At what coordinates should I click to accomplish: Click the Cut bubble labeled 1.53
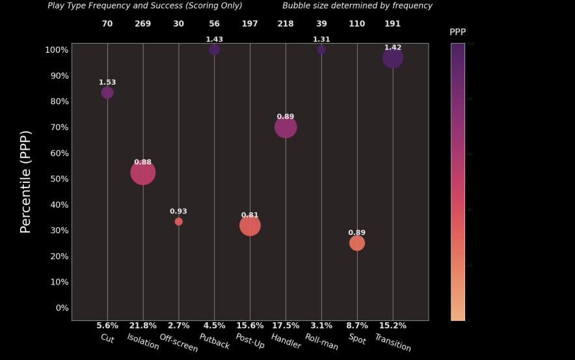[x=107, y=93]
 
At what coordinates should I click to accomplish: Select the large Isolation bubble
[x=143, y=173]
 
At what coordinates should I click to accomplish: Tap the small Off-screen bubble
[x=179, y=222]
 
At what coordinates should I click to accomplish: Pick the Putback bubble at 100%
[x=214, y=49]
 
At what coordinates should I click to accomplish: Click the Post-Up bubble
[x=250, y=225]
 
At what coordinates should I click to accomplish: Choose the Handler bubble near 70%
[x=286, y=127]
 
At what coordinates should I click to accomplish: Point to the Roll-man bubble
[x=321, y=49]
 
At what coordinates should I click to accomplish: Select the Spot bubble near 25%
[x=357, y=243]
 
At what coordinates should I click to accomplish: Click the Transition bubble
[x=392, y=58]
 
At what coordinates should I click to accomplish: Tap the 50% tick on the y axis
[x=57, y=179]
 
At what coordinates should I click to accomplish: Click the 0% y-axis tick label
[x=59, y=308]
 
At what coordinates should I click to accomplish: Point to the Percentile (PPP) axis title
[x=25, y=182]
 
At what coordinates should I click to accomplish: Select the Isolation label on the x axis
[x=143, y=341]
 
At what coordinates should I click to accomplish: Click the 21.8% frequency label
[x=143, y=325]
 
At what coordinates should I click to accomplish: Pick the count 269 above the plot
[x=143, y=24]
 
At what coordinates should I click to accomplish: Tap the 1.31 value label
[x=321, y=40]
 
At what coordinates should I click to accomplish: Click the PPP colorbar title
[x=458, y=32]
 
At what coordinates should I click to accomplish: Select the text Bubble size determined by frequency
[x=357, y=6]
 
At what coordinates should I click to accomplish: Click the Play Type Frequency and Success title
[x=145, y=6]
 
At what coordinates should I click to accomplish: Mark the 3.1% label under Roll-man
[x=321, y=325]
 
